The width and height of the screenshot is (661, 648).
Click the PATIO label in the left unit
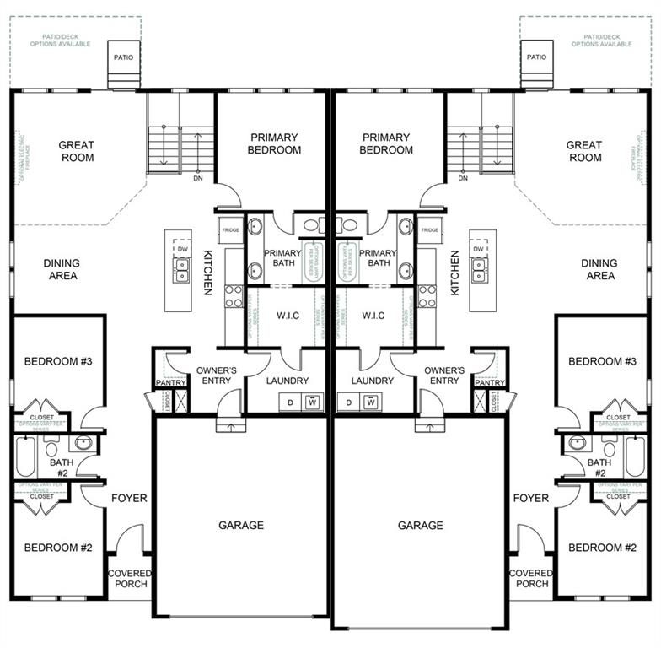[124, 57]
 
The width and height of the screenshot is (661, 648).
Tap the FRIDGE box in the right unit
[430, 229]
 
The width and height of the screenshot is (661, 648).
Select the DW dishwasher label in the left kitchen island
[182, 249]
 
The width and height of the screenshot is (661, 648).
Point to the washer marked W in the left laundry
[312, 402]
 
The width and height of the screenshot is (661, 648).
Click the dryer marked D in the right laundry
[348, 402]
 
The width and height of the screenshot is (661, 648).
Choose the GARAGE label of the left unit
[241, 525]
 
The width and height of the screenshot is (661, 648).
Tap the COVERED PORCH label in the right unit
[532, 578]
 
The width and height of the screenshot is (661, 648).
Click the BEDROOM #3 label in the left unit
[58, 361]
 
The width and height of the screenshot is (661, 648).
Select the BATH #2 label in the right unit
[599, 467]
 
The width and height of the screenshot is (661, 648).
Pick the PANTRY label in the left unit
[170, 383]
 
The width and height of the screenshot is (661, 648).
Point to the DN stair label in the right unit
[463, 178]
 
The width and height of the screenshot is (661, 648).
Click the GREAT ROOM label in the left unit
[77, 151]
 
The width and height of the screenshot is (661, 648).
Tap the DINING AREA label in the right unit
[599, 269]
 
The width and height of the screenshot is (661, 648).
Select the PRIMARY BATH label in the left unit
[282, 258]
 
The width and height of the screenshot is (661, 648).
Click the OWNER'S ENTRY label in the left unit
[216, 375]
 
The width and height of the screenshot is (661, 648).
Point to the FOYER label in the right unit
[531, 498]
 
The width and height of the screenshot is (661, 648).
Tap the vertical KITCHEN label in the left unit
[207, 273]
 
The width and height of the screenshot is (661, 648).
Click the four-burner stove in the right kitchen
[427, 296]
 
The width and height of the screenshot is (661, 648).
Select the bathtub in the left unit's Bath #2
[26, 456]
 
